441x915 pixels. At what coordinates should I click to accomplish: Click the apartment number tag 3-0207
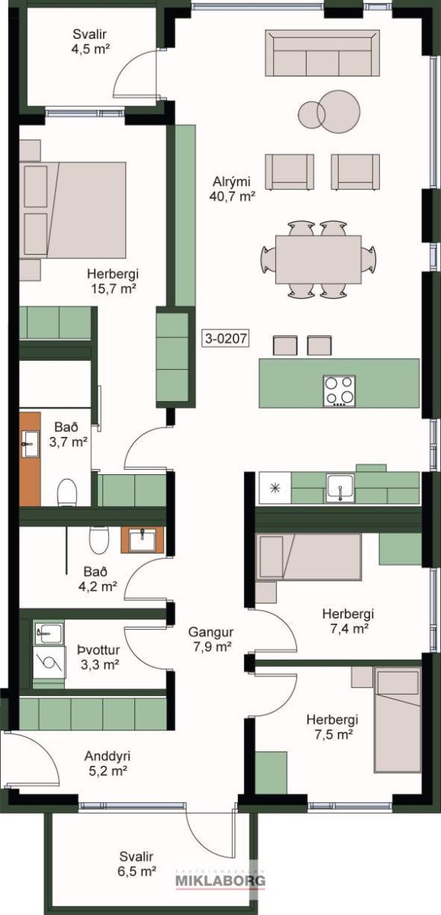click(227, 339)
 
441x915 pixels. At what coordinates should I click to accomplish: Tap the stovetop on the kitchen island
click(340, 391)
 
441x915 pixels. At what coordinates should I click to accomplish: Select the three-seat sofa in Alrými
click(322, 53)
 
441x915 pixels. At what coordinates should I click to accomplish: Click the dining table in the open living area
click(318, 259)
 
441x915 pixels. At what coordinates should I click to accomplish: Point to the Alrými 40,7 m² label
click(232, 189)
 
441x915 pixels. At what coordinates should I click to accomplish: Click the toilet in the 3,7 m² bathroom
click(67, 493)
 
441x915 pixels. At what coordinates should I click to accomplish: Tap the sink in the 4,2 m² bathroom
click(142, 540)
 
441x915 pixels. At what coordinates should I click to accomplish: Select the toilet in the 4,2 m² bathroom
click(99, 540)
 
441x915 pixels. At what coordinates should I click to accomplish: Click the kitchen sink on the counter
click(340, 488)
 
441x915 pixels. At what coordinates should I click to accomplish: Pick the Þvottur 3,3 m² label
click(99, 657)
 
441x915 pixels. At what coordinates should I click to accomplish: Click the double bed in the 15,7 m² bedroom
click(72, 210)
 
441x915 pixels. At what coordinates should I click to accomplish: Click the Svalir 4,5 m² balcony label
click(91, 41)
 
